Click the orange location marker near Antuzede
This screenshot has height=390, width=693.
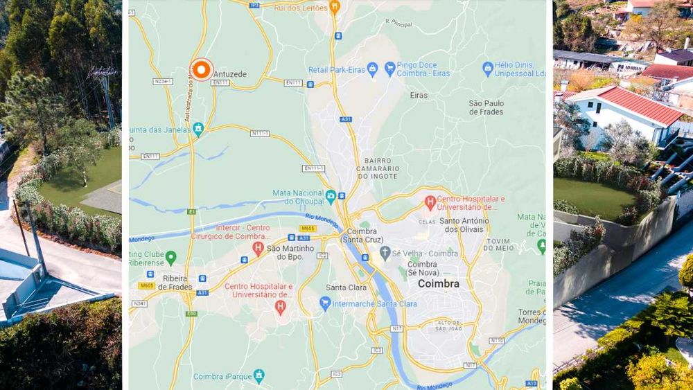(202, 69)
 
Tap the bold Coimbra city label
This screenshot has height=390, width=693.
(438, 283)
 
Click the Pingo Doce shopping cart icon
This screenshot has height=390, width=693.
(390, 69)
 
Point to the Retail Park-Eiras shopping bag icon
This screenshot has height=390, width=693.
(373, 69)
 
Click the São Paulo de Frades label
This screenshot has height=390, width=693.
(486, 108)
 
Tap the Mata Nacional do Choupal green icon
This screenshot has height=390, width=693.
(331, 196)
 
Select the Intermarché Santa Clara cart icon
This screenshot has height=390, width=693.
(325, 303)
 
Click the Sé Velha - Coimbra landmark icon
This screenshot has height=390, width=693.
(385, 253)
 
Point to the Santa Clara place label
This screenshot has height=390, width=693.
(346, 287)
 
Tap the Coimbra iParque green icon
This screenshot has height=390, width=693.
(258, 375)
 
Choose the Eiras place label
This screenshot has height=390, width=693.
(419, 95)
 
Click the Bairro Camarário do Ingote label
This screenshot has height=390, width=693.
(378, 168)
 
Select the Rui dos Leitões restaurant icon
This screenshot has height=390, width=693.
(335, 8)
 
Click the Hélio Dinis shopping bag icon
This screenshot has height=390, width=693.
(488, 69)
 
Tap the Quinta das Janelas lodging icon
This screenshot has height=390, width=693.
(198, 128)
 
